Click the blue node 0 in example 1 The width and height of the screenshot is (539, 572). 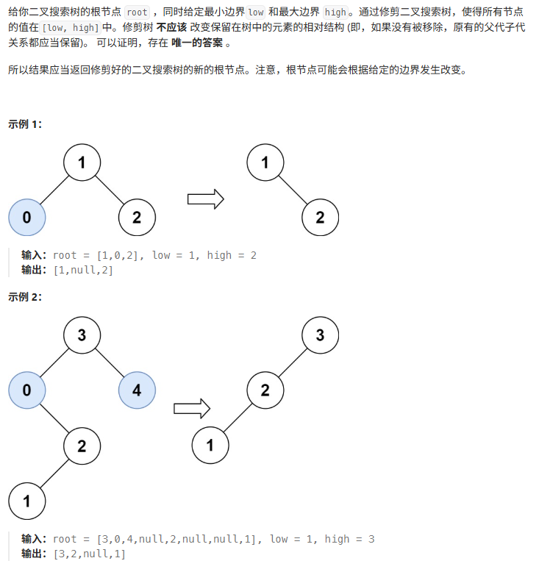26,217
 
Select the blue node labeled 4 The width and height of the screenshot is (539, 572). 137,390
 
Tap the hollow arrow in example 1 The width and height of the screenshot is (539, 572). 205,199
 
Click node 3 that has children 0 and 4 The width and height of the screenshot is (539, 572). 82,335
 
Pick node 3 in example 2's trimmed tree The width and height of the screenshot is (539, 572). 320,335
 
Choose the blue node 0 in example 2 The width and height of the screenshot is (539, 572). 26,390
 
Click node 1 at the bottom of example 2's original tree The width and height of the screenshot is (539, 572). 26,501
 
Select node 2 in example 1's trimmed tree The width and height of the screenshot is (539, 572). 320,217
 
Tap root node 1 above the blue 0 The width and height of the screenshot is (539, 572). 82,162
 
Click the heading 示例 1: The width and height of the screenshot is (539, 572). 25,124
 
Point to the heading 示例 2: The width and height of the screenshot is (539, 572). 25,297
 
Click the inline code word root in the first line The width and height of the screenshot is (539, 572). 137,12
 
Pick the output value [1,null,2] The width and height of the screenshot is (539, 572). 83,270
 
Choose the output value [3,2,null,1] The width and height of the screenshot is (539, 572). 89,554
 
